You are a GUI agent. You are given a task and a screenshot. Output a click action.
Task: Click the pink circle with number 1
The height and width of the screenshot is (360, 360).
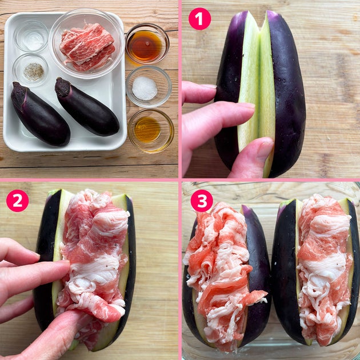199,19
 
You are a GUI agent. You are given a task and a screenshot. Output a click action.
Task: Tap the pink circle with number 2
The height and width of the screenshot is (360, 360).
18,201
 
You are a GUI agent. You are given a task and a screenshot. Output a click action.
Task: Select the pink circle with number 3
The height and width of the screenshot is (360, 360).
202,201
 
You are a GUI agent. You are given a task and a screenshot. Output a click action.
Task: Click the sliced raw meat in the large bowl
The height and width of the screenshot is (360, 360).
87,47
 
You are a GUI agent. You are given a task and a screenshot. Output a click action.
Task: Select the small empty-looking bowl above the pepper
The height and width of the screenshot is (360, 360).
31,36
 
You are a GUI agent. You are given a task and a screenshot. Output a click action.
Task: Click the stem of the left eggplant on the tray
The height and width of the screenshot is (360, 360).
19,94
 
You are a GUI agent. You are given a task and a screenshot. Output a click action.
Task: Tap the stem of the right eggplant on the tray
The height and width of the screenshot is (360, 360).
63,87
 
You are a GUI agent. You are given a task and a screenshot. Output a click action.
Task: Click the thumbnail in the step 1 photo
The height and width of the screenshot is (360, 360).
265,150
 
